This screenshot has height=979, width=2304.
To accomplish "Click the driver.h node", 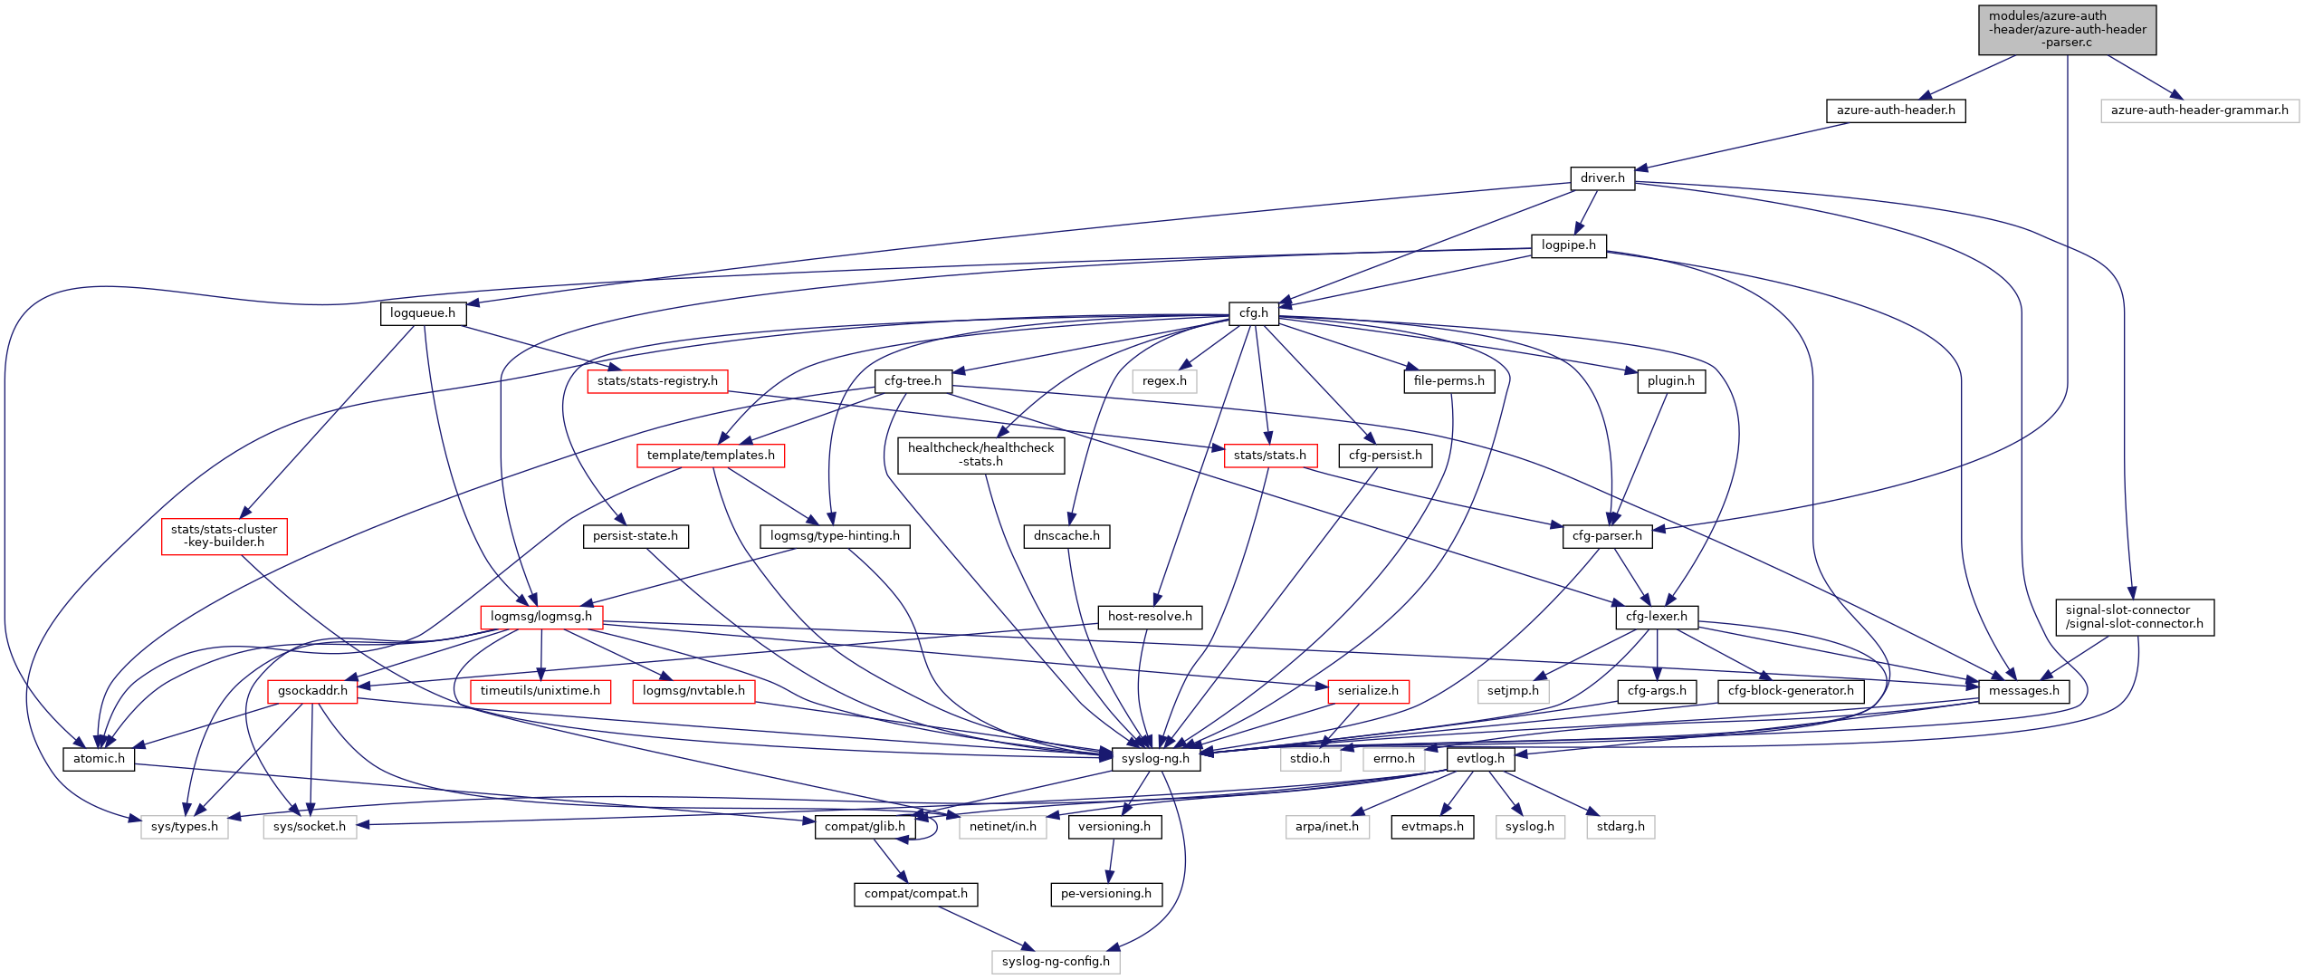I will click(x=1601, y=178).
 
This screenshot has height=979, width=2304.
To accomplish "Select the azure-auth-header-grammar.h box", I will click(x=2199, y=110).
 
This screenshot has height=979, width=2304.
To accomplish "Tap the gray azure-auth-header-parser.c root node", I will click(x=2067, y=30).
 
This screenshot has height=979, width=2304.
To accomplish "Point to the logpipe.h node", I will click(x=1568, y=245).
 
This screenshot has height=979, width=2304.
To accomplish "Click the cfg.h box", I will click(x=1253, y=313).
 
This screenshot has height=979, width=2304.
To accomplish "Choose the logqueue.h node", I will click(x=423, y=313).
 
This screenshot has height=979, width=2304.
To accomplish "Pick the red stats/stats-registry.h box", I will click(x=657, y=381).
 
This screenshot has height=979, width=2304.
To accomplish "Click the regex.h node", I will click(x=1164, y=381).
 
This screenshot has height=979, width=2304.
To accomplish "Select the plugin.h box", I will click(x=1670, y=381).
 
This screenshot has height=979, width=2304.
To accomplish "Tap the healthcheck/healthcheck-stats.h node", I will click(x=980, y=455).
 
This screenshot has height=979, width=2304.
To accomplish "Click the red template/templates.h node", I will click(x=711, y=456).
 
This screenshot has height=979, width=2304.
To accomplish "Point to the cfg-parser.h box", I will click(x=1607, y=536).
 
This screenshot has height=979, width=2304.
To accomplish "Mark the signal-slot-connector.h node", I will click(x=2134, y=617).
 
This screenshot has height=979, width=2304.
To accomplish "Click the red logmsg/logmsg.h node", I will click(x=541, y=617).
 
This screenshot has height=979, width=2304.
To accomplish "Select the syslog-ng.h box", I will click(x=1155, y=759).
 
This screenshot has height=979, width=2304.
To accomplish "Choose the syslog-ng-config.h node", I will click(x=1056, y=962).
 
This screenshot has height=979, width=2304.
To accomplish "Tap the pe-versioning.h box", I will click(x=1105, y=894).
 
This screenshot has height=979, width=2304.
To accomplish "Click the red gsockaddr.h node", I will click(x=312, y=691).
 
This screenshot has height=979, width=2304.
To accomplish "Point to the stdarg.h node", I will click(x=1620, y=827).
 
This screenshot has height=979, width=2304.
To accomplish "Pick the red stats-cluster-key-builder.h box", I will click(x=225, y=536).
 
